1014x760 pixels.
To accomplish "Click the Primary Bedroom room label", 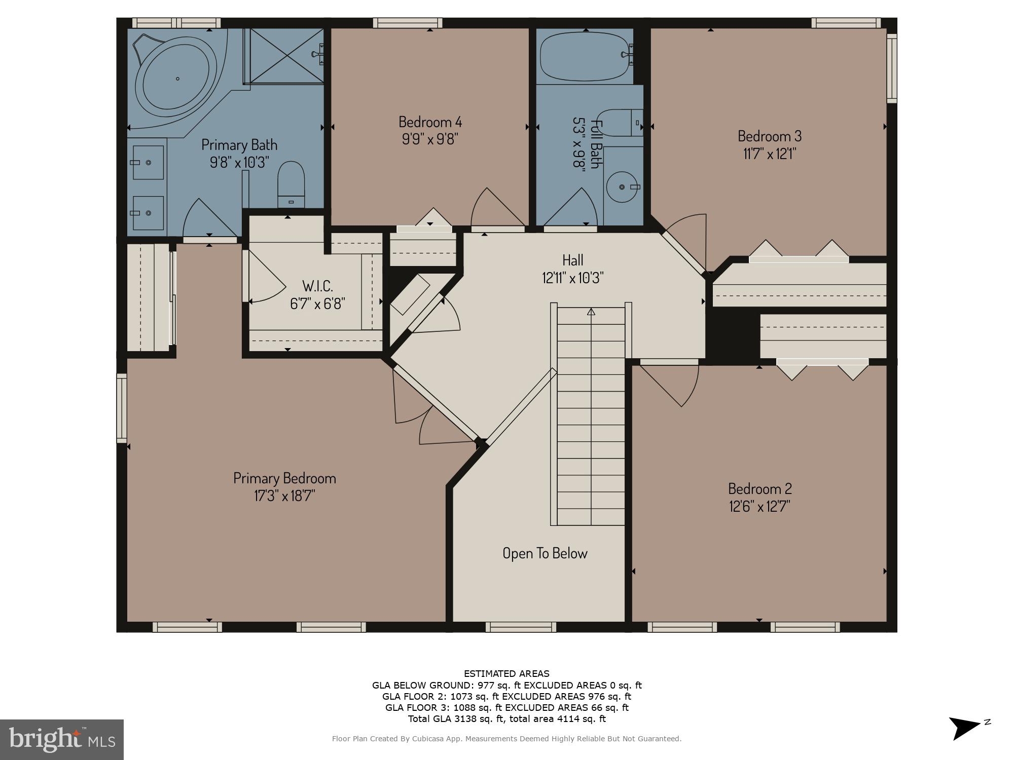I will (x=284, y=478).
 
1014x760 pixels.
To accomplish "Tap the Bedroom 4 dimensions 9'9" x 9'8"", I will (x=430, y=139).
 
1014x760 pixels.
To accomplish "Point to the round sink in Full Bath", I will (x=623, y=187).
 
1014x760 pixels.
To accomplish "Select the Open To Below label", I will (x=545, y=553).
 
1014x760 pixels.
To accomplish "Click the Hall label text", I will (x=572, y=260).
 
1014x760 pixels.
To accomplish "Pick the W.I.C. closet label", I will (x=317, y=286).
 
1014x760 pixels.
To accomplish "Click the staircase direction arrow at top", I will (x=591, y=312).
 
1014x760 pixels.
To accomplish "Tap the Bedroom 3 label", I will (x=769, y=136).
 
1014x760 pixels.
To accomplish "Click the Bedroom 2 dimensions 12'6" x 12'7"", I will (x=759, y=506).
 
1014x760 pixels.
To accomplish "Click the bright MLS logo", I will (x=61, y=739).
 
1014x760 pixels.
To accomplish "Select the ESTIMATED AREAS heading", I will (x=506, y=674).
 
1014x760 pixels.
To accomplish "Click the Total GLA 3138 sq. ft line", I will (x=506, y=718).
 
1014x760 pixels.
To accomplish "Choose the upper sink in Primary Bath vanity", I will (x=148, y=162).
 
